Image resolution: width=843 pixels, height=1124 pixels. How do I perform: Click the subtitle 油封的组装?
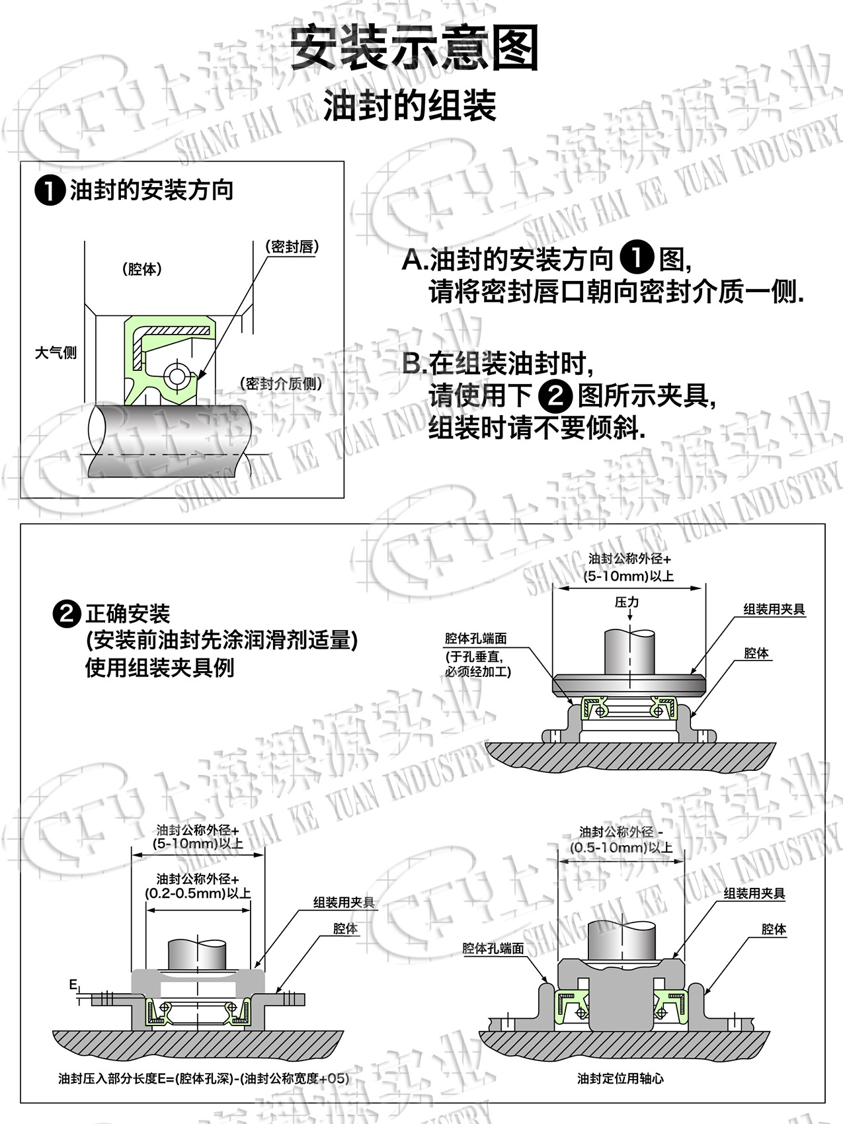(410, 106)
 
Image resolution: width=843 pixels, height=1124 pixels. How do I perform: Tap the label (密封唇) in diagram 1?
(292, 247)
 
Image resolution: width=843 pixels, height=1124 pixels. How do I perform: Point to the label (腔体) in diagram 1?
(141, 269)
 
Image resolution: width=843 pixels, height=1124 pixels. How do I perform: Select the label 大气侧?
(56, 352)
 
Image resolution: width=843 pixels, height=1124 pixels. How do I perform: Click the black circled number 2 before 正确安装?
(66, 614)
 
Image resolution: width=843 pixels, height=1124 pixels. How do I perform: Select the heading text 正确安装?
(128, 614)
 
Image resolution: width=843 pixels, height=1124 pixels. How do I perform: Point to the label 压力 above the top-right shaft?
(627, 602)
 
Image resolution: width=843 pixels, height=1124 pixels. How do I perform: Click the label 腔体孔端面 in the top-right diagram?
(475, 639)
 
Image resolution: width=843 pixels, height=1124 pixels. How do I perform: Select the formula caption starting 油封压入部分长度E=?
(203, 1078)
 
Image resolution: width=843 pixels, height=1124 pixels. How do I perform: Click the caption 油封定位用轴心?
(620, 1078)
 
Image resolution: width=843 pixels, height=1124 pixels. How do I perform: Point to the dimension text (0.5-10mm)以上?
(621, 848)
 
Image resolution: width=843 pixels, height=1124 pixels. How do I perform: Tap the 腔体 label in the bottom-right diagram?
(774, 929)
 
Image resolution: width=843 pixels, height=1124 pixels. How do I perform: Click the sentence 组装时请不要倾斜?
(536, 428)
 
